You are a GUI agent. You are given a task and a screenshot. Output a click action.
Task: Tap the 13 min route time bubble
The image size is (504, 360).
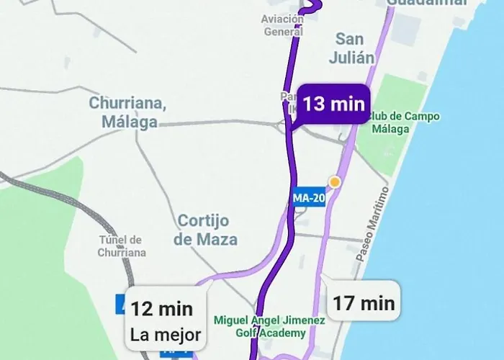pos(333,104)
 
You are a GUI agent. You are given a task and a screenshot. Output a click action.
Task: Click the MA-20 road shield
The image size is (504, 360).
pos(310,197)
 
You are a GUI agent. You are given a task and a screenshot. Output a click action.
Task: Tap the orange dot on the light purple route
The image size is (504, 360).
pos(334,181)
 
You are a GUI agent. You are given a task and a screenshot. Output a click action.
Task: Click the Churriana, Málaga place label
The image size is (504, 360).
pos(127,112)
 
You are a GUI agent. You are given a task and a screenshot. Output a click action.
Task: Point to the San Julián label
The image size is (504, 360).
pos(352,49)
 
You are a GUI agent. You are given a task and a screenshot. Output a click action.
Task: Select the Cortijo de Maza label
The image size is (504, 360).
pos(207,230)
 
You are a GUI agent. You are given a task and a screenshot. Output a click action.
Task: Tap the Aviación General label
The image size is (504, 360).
pos(283,25)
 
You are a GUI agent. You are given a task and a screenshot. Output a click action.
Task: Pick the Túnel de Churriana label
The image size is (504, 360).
pos(122,246)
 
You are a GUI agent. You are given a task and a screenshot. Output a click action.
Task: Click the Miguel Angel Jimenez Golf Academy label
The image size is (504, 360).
pos(269,326)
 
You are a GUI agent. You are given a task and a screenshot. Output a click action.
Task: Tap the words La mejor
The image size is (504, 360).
pos(166,334)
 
